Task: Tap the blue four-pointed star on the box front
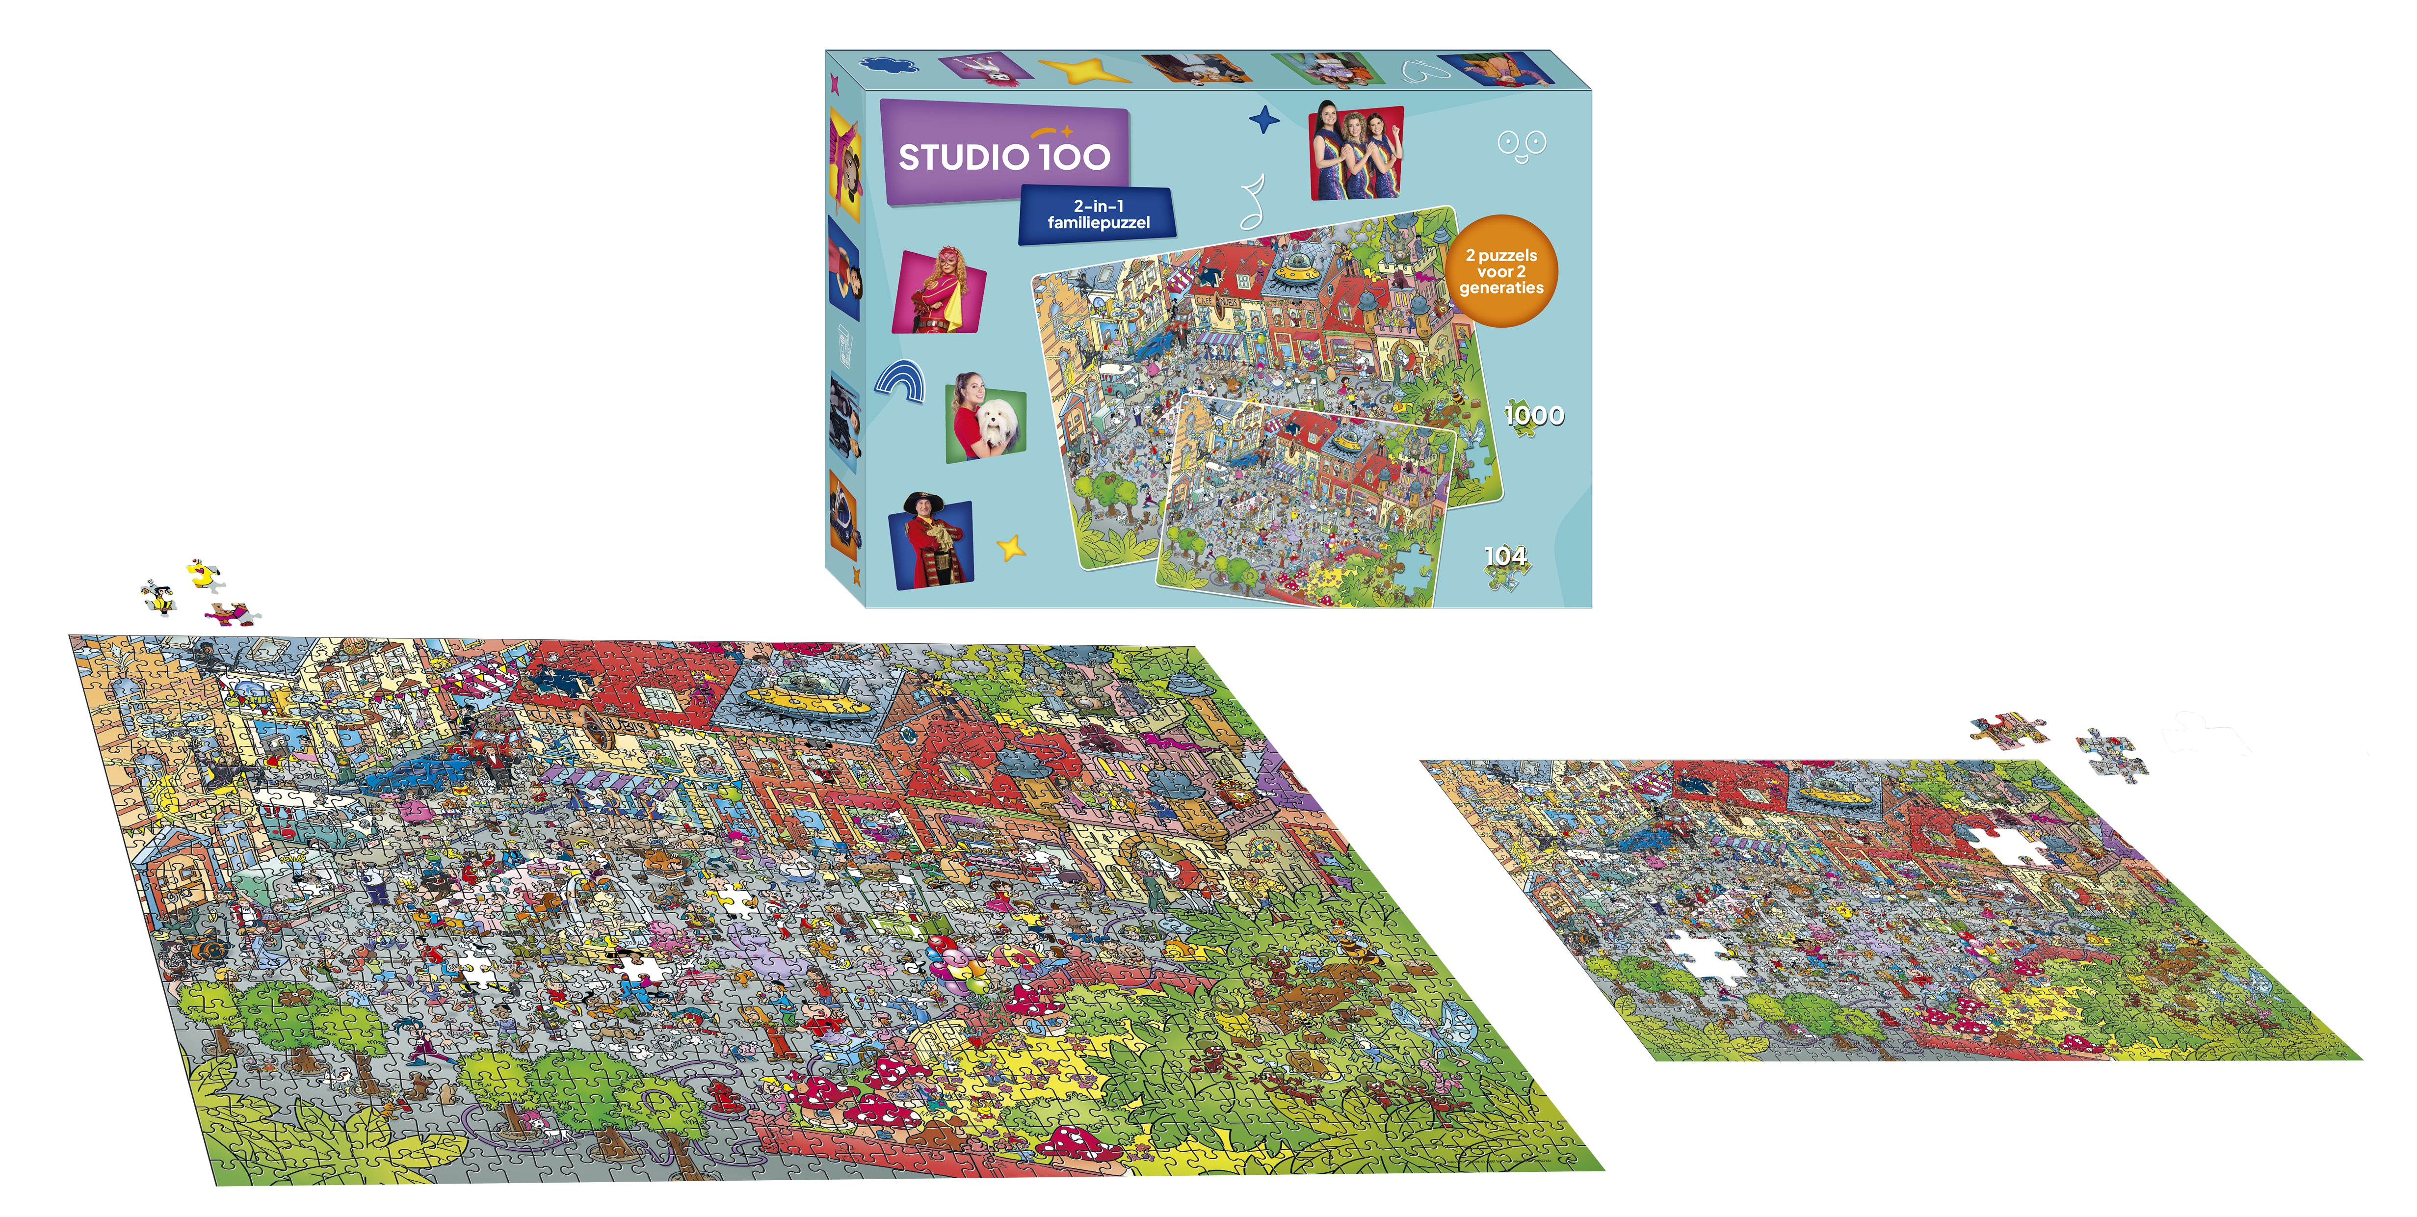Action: pos(1264,120)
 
